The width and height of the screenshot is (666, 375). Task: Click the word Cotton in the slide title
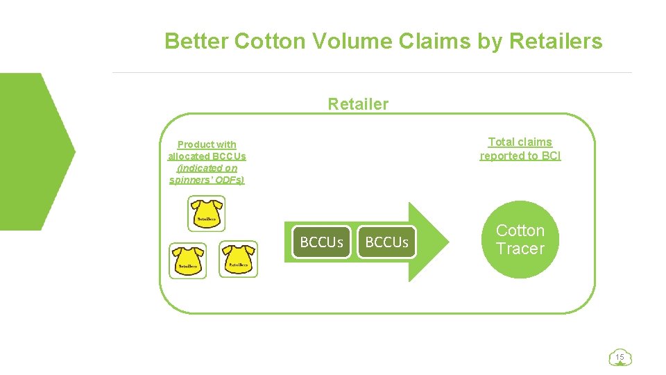pos(270,42)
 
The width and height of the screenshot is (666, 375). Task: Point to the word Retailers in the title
pos(556,42)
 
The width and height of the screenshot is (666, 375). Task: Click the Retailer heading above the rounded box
pos(358,104)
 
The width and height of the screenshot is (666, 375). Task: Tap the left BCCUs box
pos(321,242)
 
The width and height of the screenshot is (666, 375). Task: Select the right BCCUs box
pos(386,242)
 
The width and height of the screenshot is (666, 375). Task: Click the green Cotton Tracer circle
pos(520,240)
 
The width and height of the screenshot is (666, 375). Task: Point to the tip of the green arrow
pos(447,242)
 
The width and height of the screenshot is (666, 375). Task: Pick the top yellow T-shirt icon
pos(207,212)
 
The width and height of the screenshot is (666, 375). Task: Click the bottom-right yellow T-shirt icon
pos(238,259)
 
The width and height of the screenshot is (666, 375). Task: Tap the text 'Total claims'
pos(520,142)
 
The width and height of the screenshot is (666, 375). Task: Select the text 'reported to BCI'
pos(520,156)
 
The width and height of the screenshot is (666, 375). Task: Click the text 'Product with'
pos(207,144)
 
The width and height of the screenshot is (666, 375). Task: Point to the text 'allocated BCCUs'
pos(207,156)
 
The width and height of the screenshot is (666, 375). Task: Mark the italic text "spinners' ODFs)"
pos(207,180)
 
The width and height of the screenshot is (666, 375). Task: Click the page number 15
pos(620,358)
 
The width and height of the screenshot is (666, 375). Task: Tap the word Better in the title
pos(196,42)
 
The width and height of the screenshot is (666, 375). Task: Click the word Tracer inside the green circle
pos(520,249)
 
